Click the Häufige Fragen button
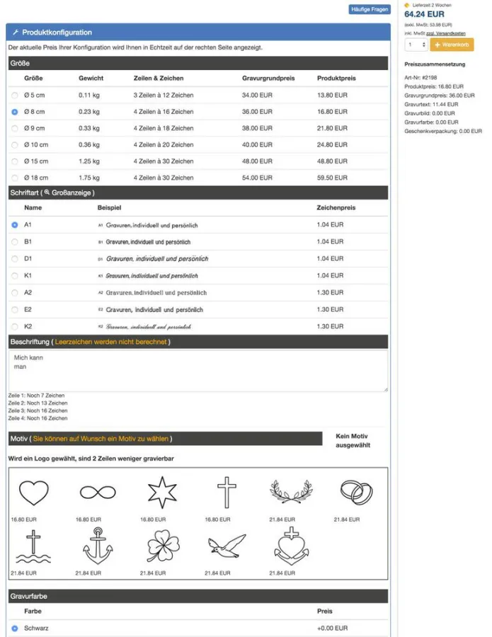point(370,9)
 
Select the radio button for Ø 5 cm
point(15,95)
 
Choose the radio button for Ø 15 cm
point(15,161)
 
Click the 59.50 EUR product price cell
point(332,178)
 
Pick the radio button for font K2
point(15,326)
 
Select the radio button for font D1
point(15,258)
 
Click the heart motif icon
point(34,492)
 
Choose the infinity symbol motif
point(98,492)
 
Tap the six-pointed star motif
point(161,492)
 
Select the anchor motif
point(98,545)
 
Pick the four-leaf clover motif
point(162,546)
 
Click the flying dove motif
point(227,545)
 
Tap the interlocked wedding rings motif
point(356,491)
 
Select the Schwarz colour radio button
point(15,628)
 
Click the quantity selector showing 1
point(416,45)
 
